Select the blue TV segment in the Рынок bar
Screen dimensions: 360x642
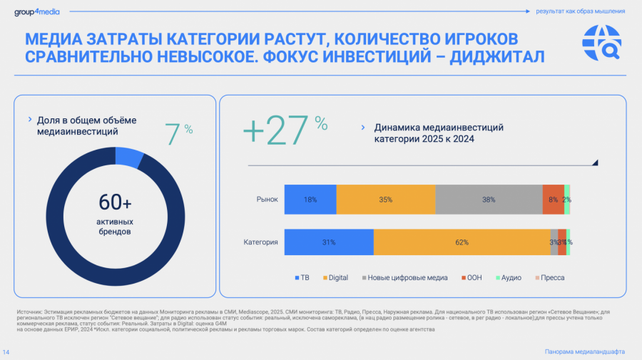point(310,200)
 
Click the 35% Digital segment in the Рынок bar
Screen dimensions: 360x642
point(386,200)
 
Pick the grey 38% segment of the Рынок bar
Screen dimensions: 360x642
point(489,200)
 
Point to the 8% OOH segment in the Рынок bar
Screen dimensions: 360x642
point(553,200)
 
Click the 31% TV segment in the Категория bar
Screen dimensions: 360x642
point(329,242)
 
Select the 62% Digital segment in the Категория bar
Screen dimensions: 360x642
point(462,242)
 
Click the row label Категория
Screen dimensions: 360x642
point(260,242)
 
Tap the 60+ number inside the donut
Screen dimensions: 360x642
point(115,203)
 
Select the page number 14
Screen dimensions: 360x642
point(6,352)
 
